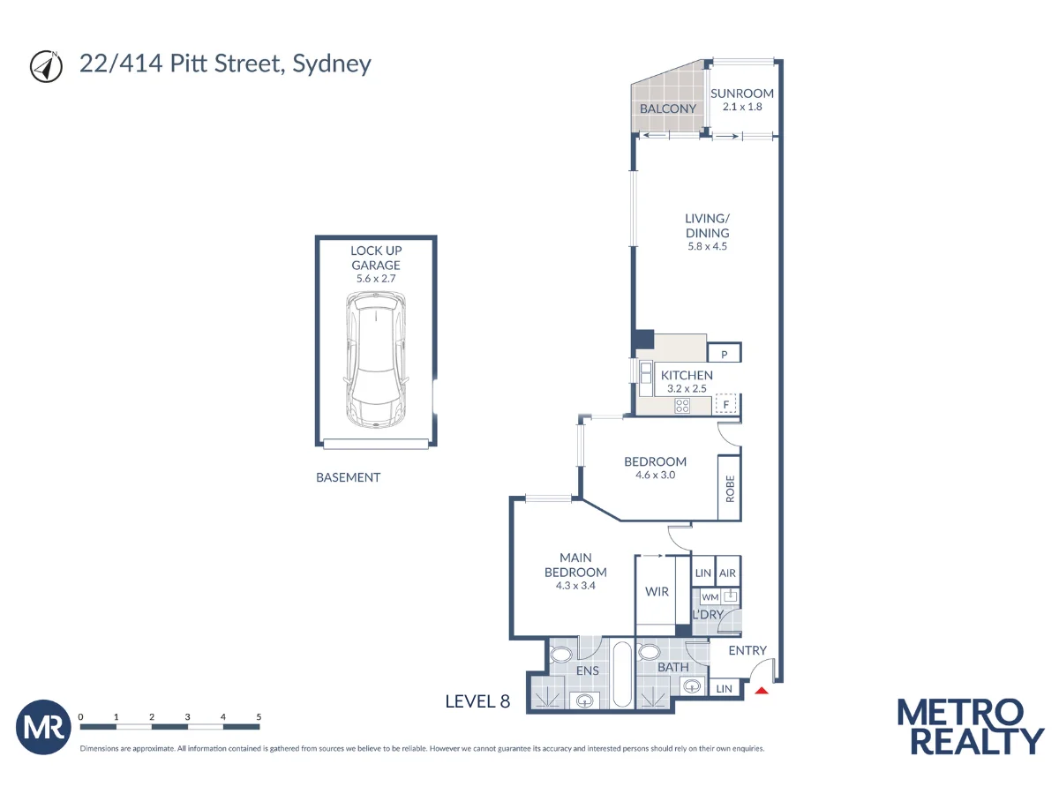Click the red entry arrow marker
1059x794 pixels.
762,691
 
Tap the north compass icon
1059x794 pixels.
45,66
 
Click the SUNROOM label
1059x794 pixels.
742,94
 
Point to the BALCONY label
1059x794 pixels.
668,109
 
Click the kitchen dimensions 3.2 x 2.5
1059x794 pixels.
687,388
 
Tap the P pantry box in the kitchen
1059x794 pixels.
725,355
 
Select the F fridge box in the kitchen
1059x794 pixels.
725,405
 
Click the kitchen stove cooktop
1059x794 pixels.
682,406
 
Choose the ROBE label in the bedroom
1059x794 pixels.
730,489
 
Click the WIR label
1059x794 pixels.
657,592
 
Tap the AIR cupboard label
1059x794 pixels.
727,573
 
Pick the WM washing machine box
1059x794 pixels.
710,597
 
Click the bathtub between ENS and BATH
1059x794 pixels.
621,675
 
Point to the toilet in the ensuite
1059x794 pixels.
560,655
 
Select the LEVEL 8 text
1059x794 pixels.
477,702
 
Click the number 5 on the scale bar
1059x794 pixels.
259,717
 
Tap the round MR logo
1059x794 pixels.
43,728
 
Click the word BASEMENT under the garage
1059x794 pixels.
348,477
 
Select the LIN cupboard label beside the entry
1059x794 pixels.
724,689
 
